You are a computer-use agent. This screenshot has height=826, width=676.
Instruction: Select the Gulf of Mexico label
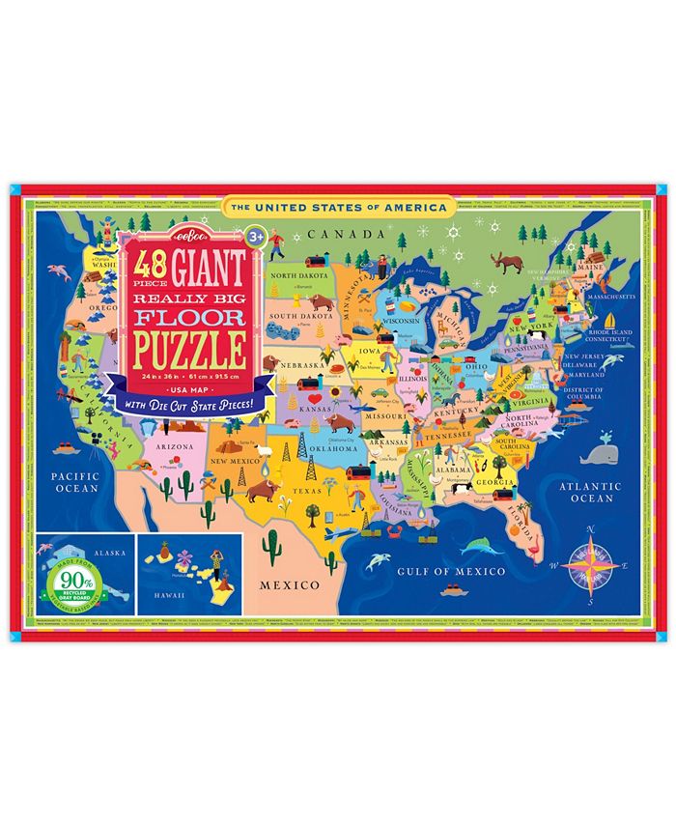pos(452,572)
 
